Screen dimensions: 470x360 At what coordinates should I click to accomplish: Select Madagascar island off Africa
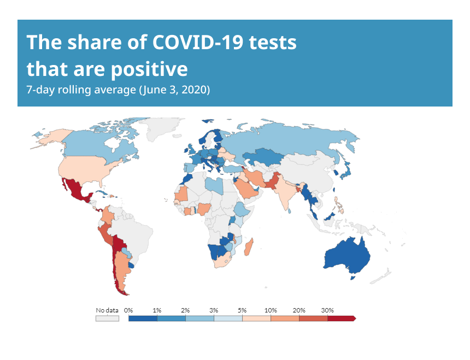pos(249,247)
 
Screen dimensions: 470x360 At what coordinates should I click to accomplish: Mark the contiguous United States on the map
pos(87,169)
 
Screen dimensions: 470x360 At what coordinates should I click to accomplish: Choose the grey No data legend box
pos(107,318)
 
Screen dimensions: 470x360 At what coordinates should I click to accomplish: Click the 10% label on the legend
pos(271,310)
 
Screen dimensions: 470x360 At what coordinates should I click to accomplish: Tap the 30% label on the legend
pos(327,310)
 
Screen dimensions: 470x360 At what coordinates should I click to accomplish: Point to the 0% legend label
pos(128,310)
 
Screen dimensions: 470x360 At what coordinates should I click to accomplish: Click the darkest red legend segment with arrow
pos(342,318)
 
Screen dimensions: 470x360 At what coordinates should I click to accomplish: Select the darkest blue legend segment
pos(143,318)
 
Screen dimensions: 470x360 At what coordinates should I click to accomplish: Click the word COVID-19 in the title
pos(198,42)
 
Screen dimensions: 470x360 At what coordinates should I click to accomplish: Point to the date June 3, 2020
pos(174,90)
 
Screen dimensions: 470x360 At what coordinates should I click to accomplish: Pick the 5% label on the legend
pos(242,310)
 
